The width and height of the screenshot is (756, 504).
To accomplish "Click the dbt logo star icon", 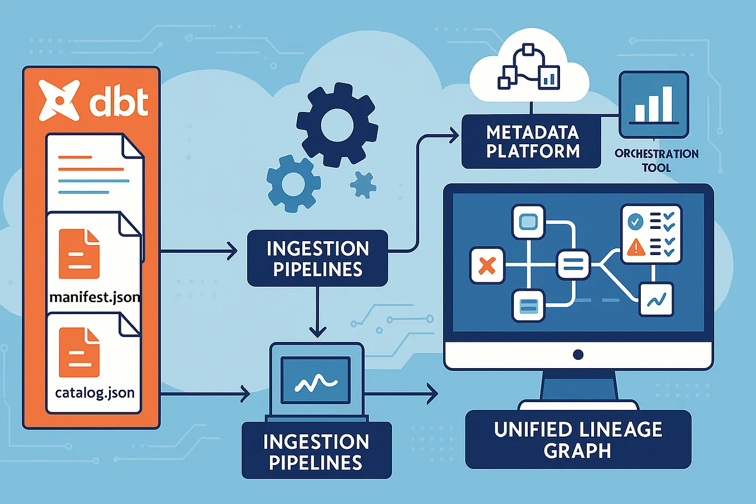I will pyautogui.click(x=59, y=100).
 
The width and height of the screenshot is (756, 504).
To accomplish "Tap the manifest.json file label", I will pyautogui.click(x=95, y=297).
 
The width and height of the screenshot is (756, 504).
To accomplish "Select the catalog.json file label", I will pyautogui.click(x=95, y=393).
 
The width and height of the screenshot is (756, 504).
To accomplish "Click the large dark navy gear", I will pyautogui.click(x=337, y=125).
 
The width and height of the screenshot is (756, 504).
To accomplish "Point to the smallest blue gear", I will pyautogui.click(x=363, y=184).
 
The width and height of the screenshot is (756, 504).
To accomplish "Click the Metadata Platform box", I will pyautogui.click(x=532, y=141).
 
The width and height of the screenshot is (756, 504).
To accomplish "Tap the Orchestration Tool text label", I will pyautogui.click(x=656, y=160).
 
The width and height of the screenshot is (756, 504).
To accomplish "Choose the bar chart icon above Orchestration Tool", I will pyautogui.click(x=654, y=105).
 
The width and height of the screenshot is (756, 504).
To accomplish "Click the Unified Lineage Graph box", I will pyautogui.click(x=578, y=439).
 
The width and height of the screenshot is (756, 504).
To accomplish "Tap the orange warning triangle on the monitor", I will pyautogui.click(x=636, y=247).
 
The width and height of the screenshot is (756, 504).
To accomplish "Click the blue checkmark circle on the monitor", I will pyautogui.click(x=635, y=221).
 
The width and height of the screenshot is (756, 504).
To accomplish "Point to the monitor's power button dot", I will pyautogui.click(x=578, y=355).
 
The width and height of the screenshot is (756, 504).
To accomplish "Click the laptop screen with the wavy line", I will pyautogui.click(x=316, y=380).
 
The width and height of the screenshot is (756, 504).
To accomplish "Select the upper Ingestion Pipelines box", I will pyautogui.click(x=317, y=258).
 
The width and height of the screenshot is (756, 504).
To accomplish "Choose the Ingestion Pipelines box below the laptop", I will pyautogui.click(x=316, y=452).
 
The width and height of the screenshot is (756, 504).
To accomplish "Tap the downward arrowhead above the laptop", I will pyautogui.click(x=317, y=332).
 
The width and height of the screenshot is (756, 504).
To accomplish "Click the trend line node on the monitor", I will pyautogui.click(x=656, y=300).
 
